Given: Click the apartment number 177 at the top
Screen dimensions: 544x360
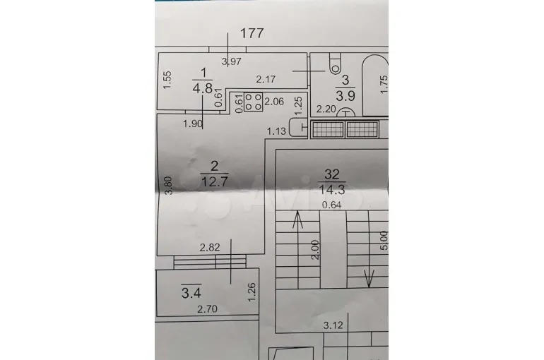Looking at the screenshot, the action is [x=252, y=33].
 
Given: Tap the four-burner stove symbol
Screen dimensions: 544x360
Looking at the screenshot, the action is [x=253, y=102].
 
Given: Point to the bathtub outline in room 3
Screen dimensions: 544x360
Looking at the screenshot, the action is [x=375, y=85].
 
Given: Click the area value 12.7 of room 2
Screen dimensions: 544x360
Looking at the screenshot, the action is [x=215, y=181].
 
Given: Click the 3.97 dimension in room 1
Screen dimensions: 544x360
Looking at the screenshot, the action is [x=232, y=61].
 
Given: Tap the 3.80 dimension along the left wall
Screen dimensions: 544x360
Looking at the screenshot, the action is [x=168, y=186].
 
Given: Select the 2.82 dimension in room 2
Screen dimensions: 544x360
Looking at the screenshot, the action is [x=210, y=247].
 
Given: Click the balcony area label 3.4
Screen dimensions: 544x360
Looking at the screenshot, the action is [x=191, y=294].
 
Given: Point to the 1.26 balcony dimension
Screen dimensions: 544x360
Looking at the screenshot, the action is [x=252, y=292].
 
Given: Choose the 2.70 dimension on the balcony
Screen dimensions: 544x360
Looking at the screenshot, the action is [x=207, y=308].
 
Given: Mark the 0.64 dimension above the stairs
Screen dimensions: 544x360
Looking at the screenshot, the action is [x=331, y=205].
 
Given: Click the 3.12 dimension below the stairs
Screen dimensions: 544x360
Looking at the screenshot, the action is [x=333, y=325].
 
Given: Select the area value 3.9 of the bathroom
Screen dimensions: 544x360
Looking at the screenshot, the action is [x=345, y=95].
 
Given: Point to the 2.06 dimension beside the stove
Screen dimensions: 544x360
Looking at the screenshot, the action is [x=274, y=102].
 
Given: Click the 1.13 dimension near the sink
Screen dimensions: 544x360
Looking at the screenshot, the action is [x=276, y=131].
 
